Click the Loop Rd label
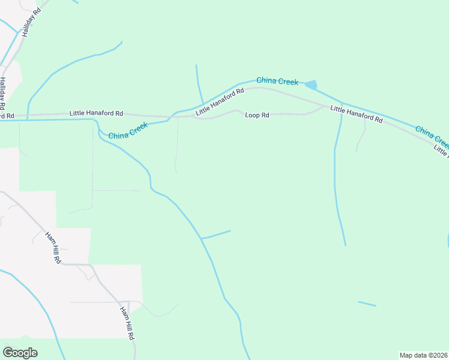pos(257,115)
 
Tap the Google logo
pos(20,352)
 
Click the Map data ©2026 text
pos(424,355)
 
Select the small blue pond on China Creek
pos(311,85)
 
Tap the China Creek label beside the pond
pos(277,80)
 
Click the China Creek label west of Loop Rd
pos(128,131)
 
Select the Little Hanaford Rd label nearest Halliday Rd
pos(96,113)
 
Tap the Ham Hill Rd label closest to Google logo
pos(127,323)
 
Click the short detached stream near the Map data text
pos(367,304)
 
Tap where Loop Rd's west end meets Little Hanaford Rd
pos(193,117)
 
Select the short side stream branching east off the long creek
pos(216,235)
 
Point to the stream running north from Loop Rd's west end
pos(199,84)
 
